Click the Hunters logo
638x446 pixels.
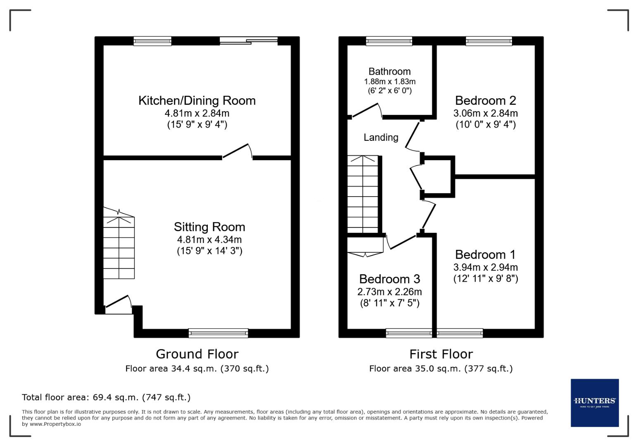[x=594, y=403]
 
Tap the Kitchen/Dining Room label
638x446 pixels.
[x=197, y=101]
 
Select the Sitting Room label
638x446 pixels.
[x=209, y=227]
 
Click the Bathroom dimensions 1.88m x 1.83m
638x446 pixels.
[x=389, y=82]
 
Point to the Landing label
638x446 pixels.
[x=381, y=138]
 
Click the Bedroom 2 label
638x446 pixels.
[x=485, y=101]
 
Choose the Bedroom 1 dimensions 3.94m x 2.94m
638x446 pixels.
[x=485, y=267]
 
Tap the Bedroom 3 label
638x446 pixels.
[x=389, y=279]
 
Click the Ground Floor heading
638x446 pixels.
[x=197, y=354]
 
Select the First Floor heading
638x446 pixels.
[x=440, y=354]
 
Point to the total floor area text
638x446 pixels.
[x=106, y=397]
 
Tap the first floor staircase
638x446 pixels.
[x=363, y=194]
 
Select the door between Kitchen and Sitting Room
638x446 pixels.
[x=237, y=151]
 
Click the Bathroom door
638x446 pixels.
[x=366, y=111]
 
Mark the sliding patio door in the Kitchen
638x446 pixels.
[x=248, y=40]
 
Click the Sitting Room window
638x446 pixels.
[x=218, y=333]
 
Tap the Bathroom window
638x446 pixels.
[x=389, y=40]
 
